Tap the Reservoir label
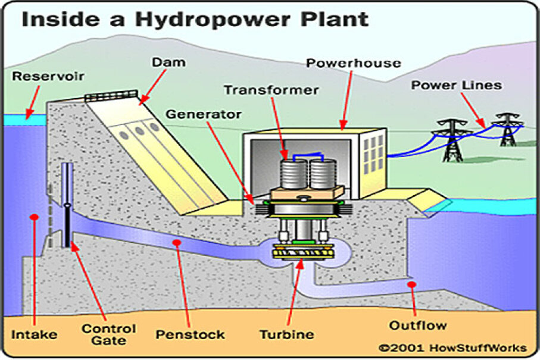pos(48,76)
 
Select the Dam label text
pos(168,62)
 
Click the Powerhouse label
pos(354,63)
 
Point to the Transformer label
pos(271,90)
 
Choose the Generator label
pos(204,114)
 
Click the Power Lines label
pos(456,85)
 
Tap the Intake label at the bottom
pos(34,334)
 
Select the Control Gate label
pos(109,334)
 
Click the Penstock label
pos(190,334)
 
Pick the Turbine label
pos(286,334)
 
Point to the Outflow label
pos(418,325)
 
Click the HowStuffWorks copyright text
pos(453,348)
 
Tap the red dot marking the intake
pos(34,217)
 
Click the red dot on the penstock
pos(177,243)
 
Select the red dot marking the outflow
pos(411,284)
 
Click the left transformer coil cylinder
pos(294,174)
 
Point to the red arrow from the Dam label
pos(153,87)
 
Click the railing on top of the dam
pos(111,96)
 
